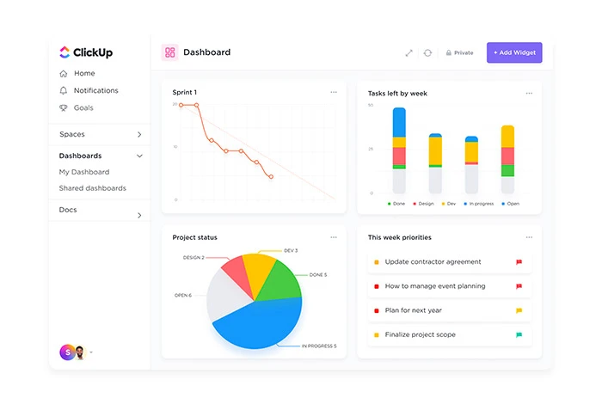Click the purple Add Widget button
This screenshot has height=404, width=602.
(514, 52)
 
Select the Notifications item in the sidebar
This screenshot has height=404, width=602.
(95, 90)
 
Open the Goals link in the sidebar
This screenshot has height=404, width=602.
(83, 107)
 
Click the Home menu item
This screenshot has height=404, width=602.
(84, 73)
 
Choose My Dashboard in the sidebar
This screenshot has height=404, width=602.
(84, 172)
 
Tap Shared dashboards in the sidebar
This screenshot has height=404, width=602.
(92, 188)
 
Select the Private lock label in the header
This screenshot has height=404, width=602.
(459, 52)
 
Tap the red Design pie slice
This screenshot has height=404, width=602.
(235, 273)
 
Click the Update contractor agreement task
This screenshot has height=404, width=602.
(433, 262)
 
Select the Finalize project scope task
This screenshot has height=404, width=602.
(420, 334)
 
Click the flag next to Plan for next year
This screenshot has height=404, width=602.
(519, 310)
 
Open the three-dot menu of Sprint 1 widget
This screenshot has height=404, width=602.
(334, 92)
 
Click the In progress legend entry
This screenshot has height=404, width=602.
(480, 204)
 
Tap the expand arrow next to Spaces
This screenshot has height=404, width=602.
(139, 135)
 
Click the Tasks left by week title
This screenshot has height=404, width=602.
(397, 93)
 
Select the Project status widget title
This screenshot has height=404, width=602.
(194, 237)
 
